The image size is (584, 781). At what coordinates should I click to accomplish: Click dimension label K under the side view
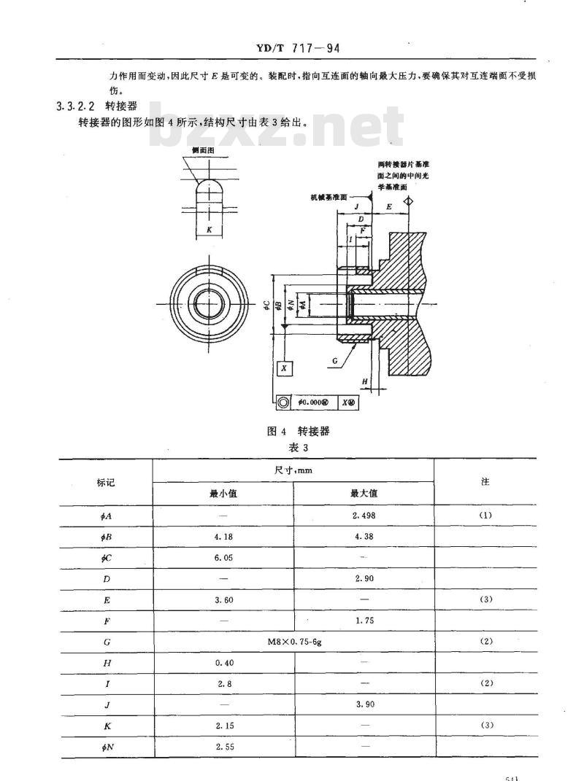(210, 230)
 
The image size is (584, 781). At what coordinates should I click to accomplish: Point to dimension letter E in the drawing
(389, 207)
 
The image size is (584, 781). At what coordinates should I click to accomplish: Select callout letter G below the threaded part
(334, 360)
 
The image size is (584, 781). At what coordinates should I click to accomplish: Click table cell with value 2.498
(363, 515)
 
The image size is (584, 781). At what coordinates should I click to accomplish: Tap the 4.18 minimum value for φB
(223, 536)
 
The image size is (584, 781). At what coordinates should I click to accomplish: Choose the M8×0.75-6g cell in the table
(293, 641)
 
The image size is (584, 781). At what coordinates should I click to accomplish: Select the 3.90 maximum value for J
(363, 704)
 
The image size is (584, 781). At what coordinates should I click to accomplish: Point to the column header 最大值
(363, 493)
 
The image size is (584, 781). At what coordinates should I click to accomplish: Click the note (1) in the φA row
(485, 515)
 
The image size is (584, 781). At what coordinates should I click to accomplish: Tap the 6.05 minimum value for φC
(223, 557)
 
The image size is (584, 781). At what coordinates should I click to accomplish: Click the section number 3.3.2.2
(77, 106)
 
